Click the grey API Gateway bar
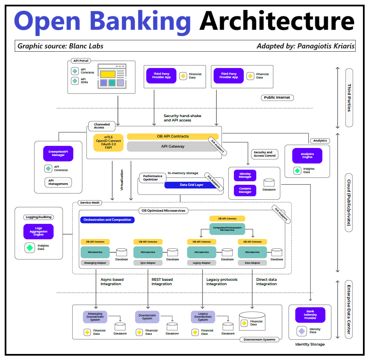[x=172, y=146]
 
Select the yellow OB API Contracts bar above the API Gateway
[x=172, y=136]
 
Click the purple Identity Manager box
[x=245, y=175]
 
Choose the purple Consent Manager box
[x=245, y=190]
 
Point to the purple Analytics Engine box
[x=307, y=156]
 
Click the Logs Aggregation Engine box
[x=38, y=232]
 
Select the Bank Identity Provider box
[x=310, y=315]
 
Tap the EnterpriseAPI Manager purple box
[x=58, y=153]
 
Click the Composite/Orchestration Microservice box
[x=227, y=229]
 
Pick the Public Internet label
[x=277, y=98]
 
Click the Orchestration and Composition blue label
[x=107, y=220]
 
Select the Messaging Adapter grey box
[x=95, y=263]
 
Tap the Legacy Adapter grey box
[x=202, y=263]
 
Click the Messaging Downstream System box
[x=95, y=317]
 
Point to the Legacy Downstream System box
[x=203, y=317]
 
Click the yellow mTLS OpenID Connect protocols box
[x=108, y=143]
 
